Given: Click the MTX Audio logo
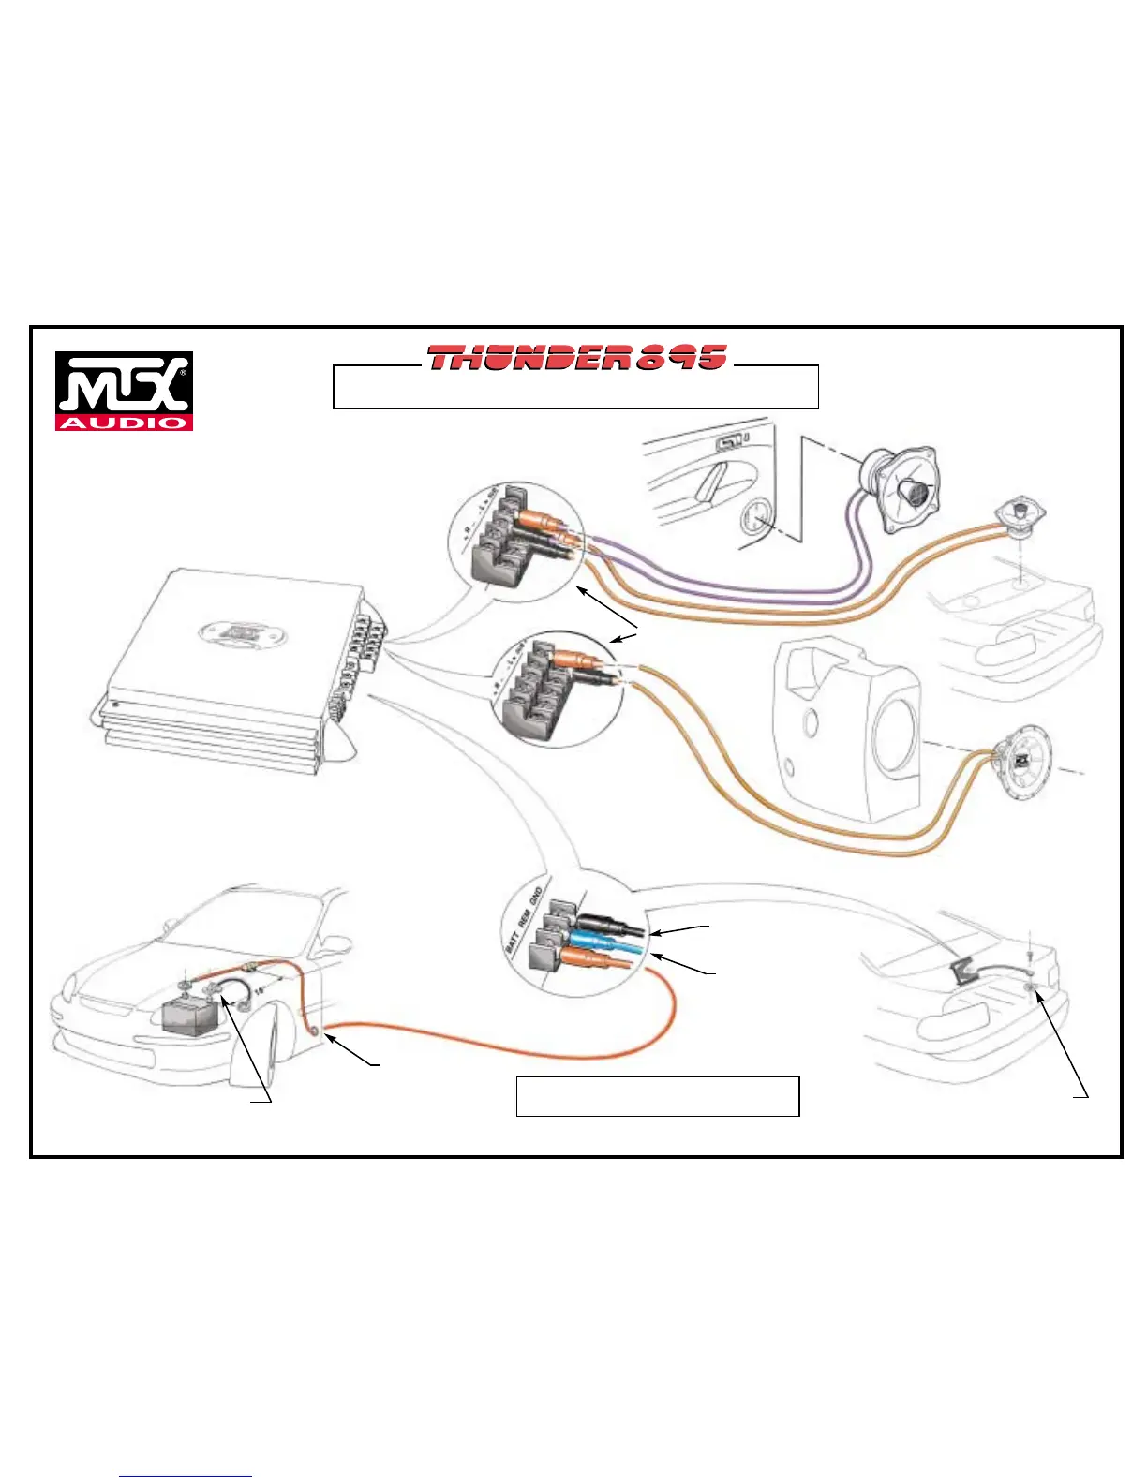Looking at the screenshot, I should [124, 391].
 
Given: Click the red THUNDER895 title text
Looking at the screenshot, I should [576, 357].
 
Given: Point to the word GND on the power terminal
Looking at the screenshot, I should [536, 898].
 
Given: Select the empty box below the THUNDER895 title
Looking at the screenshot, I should [575, 388].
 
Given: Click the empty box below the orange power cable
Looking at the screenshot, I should [657, 1096].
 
